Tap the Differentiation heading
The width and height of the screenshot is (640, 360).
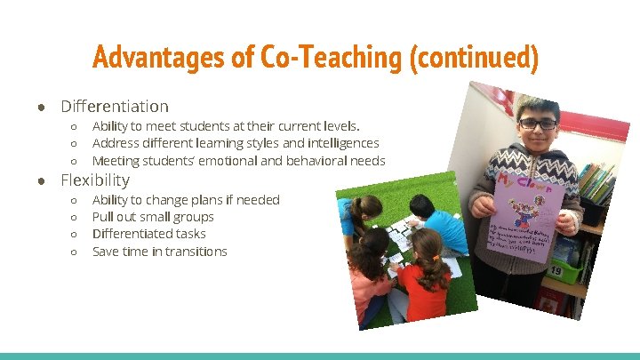pos(114,107)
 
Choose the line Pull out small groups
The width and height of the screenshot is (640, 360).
pos(153,217)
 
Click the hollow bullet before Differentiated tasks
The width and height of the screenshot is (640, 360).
pos(75,235)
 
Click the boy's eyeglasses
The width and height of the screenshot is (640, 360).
pos(539,123)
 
